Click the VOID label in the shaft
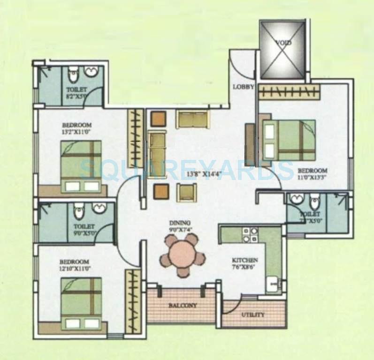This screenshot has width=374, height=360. click(x=283, y=43)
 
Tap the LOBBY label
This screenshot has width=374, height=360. click(x=244, y=87)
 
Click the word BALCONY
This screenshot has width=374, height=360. click(x=182, y=305)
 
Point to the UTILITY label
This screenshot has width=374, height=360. click(x=252, y=315)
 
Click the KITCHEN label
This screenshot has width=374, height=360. click(x=244, y=260)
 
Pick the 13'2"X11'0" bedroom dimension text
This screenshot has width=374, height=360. click(x=76, y=132)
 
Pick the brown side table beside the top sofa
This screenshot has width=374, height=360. click(x=159, y=118)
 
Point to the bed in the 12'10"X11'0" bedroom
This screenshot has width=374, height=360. click(x=82, y=304)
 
